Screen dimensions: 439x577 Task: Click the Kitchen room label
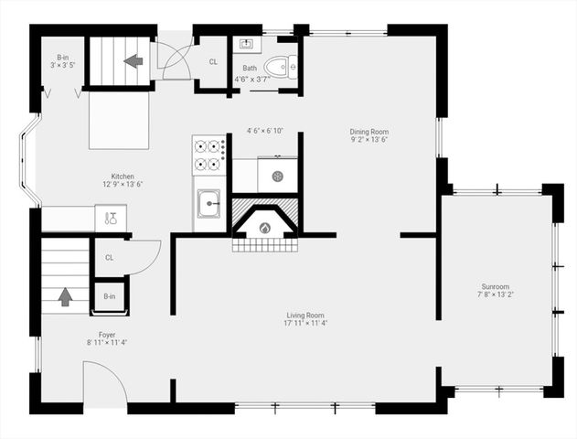[123, 176]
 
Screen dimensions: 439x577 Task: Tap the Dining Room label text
[369, 132]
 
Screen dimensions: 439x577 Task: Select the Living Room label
[305, 316]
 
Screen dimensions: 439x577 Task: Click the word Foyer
[107, 335]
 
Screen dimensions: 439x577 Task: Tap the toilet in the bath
[281, 65]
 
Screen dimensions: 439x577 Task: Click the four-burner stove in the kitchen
[209, 155]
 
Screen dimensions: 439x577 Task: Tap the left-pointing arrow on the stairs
[134, 61]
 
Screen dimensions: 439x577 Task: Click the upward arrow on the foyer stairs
[65, 296]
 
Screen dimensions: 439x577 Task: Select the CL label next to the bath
[212, 62]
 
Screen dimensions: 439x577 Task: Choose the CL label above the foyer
[109, 257]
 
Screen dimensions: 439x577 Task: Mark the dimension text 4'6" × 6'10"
[264, 131]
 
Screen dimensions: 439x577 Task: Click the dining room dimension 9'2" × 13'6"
[369, 140]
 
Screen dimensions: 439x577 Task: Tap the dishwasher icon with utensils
[111, 218]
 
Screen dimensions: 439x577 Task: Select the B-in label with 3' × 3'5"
[62, 60]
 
